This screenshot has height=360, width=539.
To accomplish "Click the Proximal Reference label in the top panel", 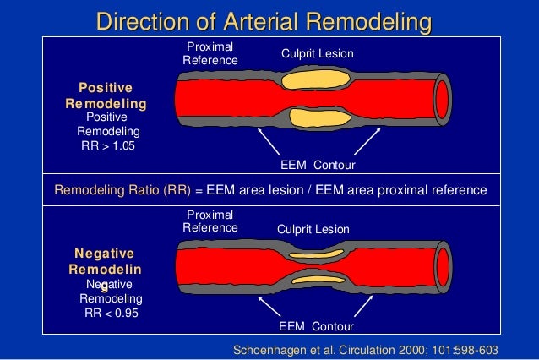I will (210, 53).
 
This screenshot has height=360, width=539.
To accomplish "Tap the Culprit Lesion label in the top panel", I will (317, 54).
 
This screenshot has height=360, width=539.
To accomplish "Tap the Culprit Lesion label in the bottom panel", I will (313, 229).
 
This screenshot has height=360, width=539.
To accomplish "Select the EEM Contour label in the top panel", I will (317, 163).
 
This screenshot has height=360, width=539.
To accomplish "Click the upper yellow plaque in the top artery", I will (308, 79).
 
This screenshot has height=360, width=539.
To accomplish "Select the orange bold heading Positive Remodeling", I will (106, 95).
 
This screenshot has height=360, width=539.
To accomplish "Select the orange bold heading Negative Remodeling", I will (106, 261).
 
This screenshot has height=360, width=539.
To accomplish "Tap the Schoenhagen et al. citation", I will (364, 349).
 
